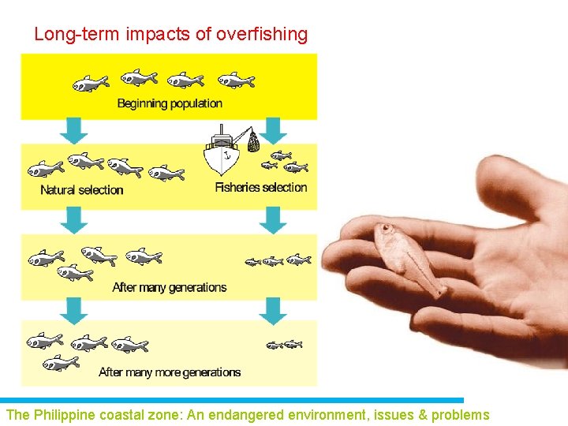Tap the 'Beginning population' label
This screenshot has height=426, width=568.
(170, 103)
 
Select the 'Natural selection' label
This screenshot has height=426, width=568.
(82, 190)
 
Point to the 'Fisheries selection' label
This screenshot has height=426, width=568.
(261, 188)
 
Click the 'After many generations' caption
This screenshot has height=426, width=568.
(170, 287)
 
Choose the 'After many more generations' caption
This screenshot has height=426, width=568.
(170, 372)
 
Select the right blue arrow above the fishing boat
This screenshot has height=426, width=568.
(273, 127)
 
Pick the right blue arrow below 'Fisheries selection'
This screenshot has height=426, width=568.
(273, 219)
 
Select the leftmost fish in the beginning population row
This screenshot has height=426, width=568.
(91, 82)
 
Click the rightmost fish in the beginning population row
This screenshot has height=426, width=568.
(236, 80)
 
